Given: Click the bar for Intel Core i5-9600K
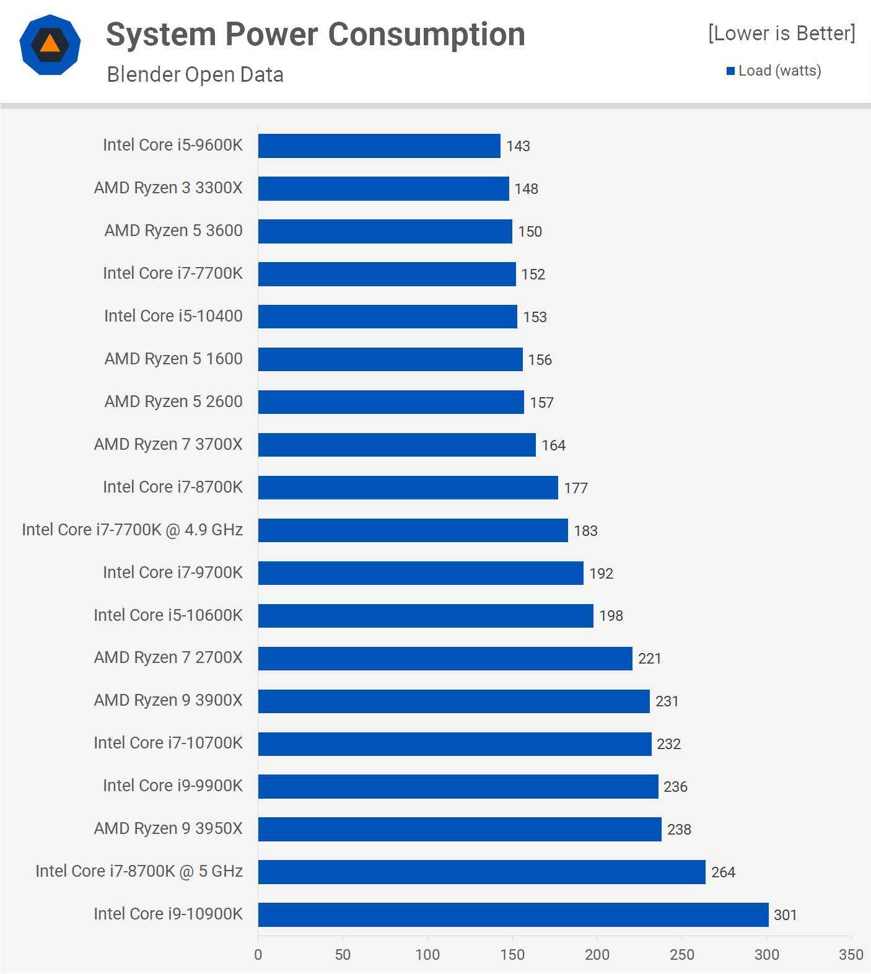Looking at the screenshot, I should (379, 146).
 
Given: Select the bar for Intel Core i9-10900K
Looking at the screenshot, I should (513, 915).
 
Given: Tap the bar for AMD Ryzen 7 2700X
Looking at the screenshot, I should (445, 658).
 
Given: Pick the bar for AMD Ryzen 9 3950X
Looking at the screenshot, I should (460, 829).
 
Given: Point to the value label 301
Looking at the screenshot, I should (785, 915).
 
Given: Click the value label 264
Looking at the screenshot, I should (723, 872).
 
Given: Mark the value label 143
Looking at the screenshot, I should (518, 146).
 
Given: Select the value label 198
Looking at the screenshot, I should (611, 616).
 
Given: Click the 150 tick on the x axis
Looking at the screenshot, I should (512, 955).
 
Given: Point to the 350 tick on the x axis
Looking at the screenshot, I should (851, 955).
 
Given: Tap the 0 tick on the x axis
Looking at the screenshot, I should (258, 955).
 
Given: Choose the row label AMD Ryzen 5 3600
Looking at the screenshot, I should (173, 230).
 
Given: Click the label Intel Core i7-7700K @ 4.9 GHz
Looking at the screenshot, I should (132, 530).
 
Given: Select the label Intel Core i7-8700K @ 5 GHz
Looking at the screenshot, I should (139, 871).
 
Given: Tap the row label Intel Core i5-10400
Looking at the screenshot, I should (173, 316).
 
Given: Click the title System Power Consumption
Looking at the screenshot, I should (315, 35).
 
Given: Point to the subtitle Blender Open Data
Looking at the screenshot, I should (195, 74).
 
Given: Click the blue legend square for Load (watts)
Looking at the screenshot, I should (731, 71).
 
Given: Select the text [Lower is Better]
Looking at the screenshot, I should (781, 33).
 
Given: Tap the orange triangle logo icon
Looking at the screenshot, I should (50, 44).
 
